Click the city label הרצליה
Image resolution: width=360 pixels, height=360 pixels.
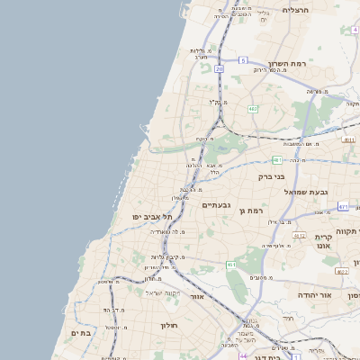click(x=295, y=10)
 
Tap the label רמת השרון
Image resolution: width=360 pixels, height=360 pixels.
click(x=289, y=66)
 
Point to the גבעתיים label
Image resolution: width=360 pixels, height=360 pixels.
click(x=216, y=206)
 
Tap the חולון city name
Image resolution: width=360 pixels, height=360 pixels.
click(x=171, y=325)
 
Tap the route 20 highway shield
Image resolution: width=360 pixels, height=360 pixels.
click(x=219, y=68)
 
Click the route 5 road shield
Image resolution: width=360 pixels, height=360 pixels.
click(x=243, y=60)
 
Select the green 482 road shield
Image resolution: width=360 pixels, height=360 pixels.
click(x=253, y=109)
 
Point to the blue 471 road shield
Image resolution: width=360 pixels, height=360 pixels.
click(x=343, y=207)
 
